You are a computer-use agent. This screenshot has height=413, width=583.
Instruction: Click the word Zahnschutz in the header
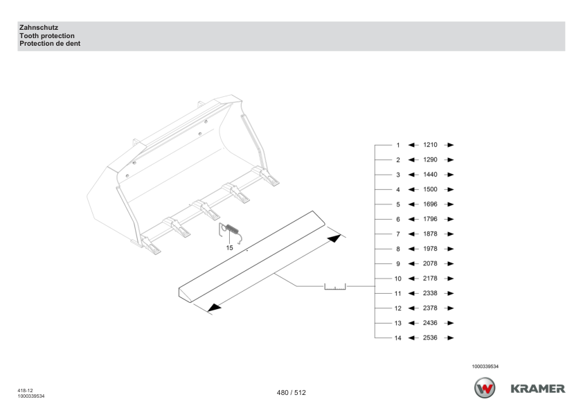pyautogui.click(x=39, y=28)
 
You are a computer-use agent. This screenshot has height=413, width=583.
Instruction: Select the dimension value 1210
pyautogui.click(x=430, y=145)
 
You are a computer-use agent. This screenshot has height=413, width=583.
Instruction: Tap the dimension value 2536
pyautogui.click(x=430, y=337)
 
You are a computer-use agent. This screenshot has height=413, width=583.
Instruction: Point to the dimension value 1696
pyautogui.click(x=430, y=204)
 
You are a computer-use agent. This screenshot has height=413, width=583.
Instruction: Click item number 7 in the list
pyautogui.click(x=398, y=234)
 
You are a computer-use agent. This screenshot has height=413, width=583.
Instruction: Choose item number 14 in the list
pyautogui.click(x=398, y=338)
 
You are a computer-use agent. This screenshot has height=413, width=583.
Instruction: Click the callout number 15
pyautogui.click(x=229, y=248)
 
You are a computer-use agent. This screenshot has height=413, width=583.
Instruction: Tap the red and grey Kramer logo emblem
pyautogui.click(x=485, y=387)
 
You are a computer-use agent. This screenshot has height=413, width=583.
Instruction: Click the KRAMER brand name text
pyautogui.click(x=537, y=389)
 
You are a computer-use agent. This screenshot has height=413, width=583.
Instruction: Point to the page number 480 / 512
pyautogui.click(x=291, y=392)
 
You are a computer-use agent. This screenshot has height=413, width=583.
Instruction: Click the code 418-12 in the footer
pyautogui.click(x=26, y=390)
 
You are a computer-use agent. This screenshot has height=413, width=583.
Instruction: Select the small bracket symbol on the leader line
pyautogui.click(x=335, y=287)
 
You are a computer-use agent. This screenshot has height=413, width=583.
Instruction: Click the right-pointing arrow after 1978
pyautogui.click(x=449, y=249)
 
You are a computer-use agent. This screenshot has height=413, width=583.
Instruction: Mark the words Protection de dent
pyautogui.click(x=50, y=44)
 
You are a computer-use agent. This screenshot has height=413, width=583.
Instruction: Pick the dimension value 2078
pyautogui.click(x=430, y=263)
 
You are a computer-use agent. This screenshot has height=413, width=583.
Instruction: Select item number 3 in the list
pyautogui.click(x=398, y=175)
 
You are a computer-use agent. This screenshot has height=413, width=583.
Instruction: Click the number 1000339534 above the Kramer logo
pyautogui.click(x=485, y=367)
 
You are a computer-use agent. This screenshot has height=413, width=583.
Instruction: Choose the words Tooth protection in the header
pyautogui.click(x=47, y=36)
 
